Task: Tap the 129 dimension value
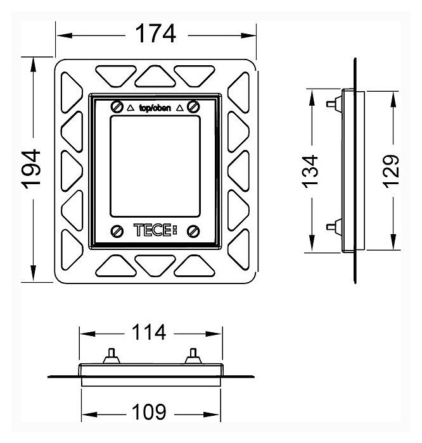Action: pyautogui.click(x=391, y=170)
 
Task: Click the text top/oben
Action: pyautogui.click(x=155, y=107)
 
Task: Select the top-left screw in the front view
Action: pyautogui.click(x=116, y=106)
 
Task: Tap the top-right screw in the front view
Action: pyautogui.click(x=195, y=106)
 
